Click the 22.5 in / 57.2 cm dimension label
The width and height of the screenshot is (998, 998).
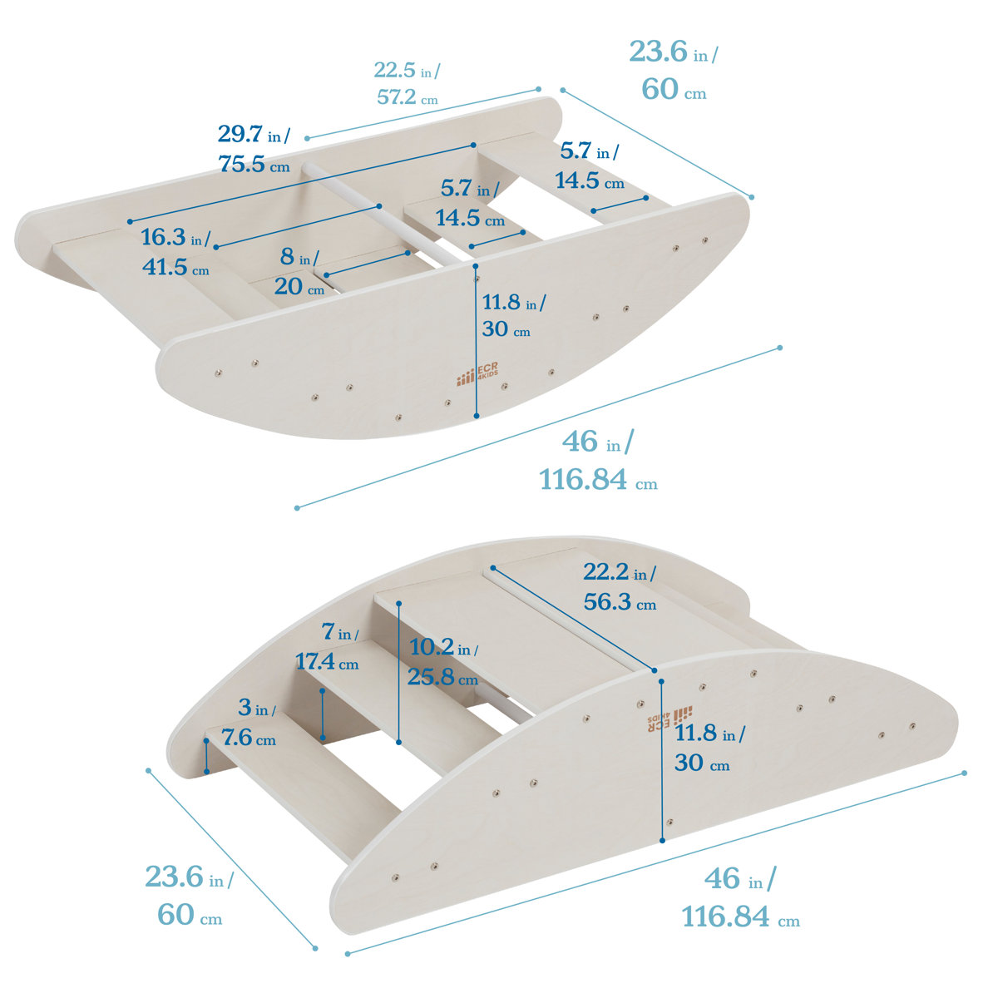[x=407, y=83]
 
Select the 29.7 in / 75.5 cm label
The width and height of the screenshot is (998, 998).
[x=254, y=148]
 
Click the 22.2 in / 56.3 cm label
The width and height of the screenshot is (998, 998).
[x=620, y=587]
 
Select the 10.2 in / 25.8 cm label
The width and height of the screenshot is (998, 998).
[x=442, y=662]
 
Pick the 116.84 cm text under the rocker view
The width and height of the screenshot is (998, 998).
[x=598, y=480]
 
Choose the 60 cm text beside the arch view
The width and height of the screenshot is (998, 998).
[x=190, y=915]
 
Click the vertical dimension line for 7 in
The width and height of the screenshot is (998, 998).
[x=323, y=714]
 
